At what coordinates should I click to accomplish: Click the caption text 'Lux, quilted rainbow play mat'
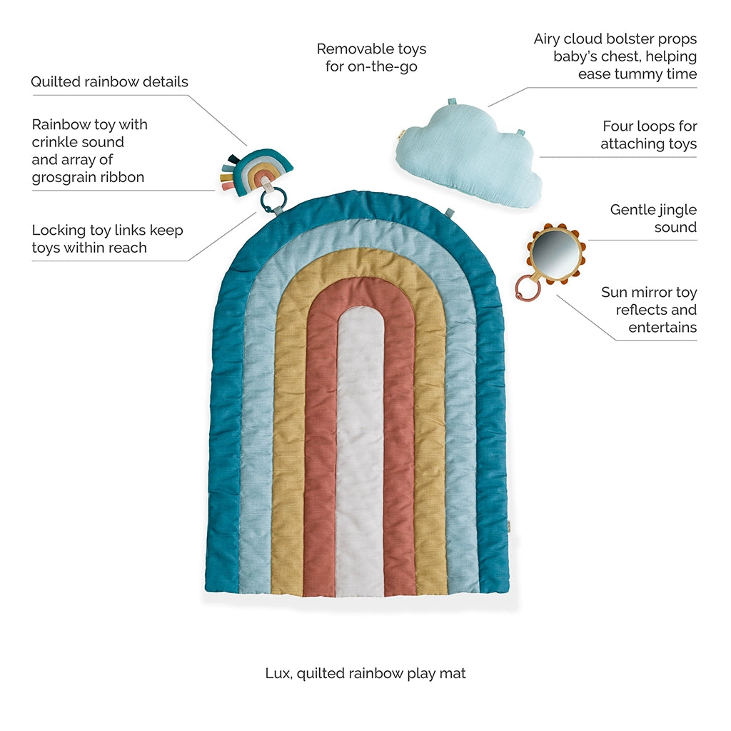pos(365,672)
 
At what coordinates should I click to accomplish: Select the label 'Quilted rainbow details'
pos(109,81)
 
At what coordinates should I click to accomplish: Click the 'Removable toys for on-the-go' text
pos(371,58)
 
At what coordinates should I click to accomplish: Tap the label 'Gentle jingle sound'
pos(653,218)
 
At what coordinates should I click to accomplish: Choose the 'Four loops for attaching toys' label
pos(648,135)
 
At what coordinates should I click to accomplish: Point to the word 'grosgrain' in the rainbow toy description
pos(63,177)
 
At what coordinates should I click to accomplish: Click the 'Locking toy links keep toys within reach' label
pos(107,239)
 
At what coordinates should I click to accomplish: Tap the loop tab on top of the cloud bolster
pos(452,102)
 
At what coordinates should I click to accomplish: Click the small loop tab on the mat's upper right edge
pos(450,212)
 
